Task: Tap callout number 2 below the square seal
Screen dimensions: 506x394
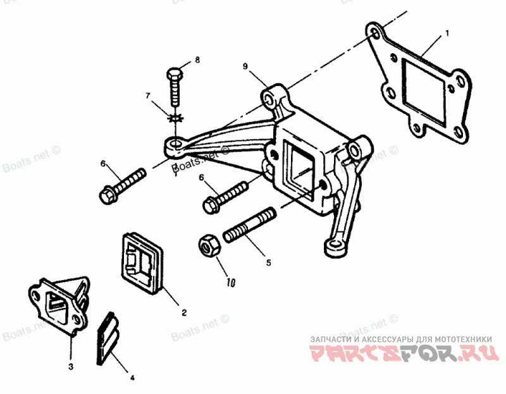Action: pyautogui.click(x=183, y=312)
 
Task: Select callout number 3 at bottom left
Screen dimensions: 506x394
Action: pyautogui.click(x=71, y=366)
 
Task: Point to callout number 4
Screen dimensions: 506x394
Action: pyautogui.click(x=132, y=378)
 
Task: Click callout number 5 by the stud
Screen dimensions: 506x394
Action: pyautogui.click(x=268, y=262)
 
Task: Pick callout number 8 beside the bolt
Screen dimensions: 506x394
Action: pyautogui.click(x=197, y=59)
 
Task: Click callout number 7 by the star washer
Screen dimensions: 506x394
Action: pyautogui.click(x=148, y=96)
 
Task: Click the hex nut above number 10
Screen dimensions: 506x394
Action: pyautogui.click(x=209, y=245)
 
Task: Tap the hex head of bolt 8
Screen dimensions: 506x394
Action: pyautogui.click(x=175, y=75)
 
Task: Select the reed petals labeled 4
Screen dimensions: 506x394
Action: pyautogui.click(x=109, y=339)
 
